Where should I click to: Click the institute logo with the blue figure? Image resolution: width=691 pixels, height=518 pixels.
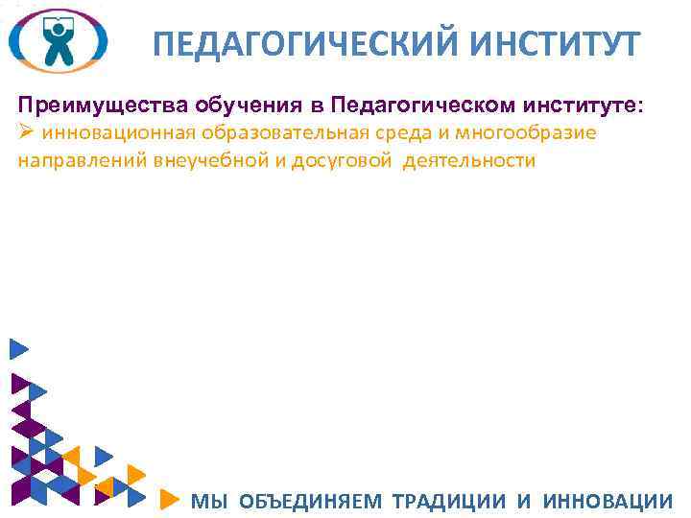pyautogui.click(x=58, y=40)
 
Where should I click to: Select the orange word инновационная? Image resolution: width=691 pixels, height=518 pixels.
pyautogui.click(x=107, y=132)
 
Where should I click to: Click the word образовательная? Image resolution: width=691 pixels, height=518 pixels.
pyautogui.click(x=274, y=132)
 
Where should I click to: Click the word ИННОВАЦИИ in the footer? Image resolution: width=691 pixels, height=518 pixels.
pyautogui.click(x=608, y=500)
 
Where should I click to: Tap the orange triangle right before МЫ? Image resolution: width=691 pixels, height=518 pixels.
pyautogui.click(x=168, y=499)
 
